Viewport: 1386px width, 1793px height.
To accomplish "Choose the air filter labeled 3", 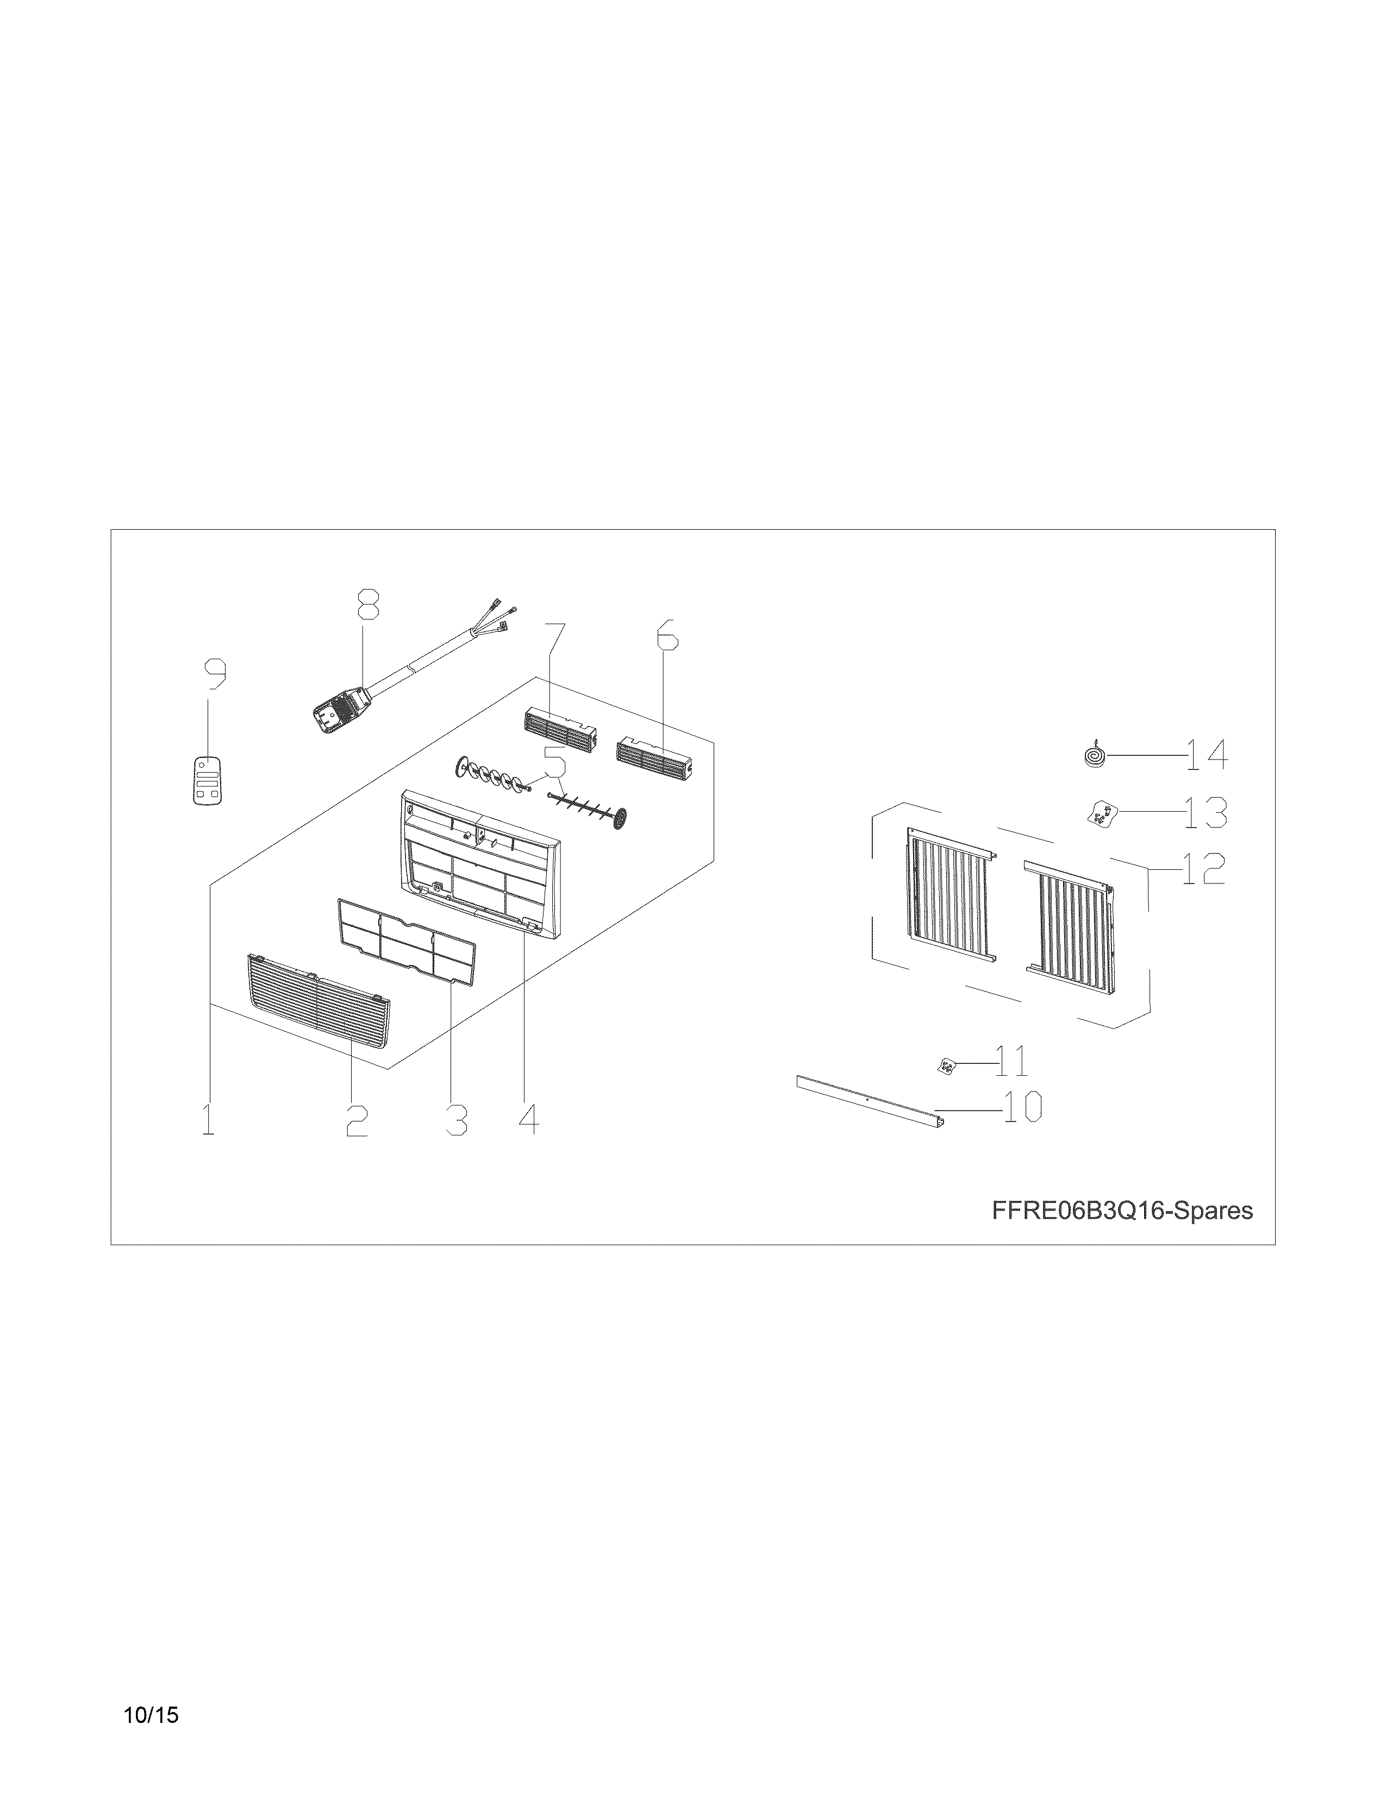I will tap(407, 939).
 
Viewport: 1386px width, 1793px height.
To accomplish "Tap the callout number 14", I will tap(1206, 755).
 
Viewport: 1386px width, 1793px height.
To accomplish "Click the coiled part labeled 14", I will tap(1094, 755).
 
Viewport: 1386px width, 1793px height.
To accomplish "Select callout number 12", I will tap(1203, 869).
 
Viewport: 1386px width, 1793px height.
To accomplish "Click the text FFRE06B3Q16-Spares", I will tap(1122, 1211).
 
